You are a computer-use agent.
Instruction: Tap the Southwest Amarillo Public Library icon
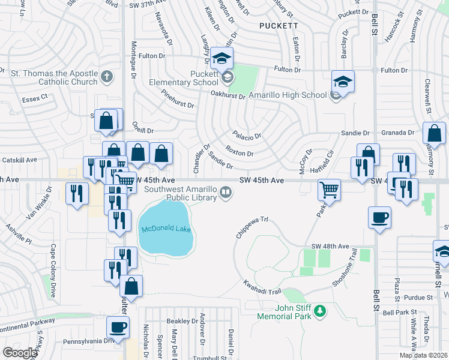226,192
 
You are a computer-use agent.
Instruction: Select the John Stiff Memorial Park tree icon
321,310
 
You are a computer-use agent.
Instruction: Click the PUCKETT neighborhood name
278,26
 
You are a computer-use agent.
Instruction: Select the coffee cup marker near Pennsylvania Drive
118,328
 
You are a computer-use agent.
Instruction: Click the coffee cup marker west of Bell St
379,218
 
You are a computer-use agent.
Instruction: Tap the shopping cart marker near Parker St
329,190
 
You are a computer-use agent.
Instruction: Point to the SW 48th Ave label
330,247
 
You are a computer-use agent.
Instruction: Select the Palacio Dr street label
247,136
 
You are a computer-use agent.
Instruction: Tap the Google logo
19,353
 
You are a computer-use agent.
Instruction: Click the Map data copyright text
423,355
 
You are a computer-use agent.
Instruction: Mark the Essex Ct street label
34,98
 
